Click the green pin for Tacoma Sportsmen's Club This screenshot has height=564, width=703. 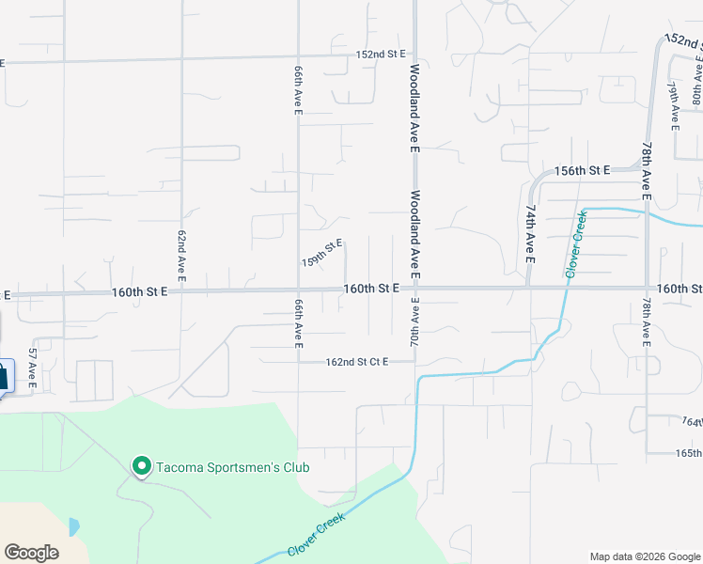pos(141,465)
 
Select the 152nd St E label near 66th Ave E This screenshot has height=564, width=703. pos(381,55)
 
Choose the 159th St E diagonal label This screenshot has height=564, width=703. pos(321,252)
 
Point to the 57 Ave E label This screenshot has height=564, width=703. pos(32,368)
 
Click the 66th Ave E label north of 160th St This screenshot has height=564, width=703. pos(298,90)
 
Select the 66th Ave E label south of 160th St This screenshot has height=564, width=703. pos(298,324)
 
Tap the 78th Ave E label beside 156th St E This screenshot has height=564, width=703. pos(647,171)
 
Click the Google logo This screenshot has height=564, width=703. pos(32,552)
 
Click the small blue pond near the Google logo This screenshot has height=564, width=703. pos(74,526)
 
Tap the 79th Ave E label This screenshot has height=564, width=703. pos(674,103)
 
